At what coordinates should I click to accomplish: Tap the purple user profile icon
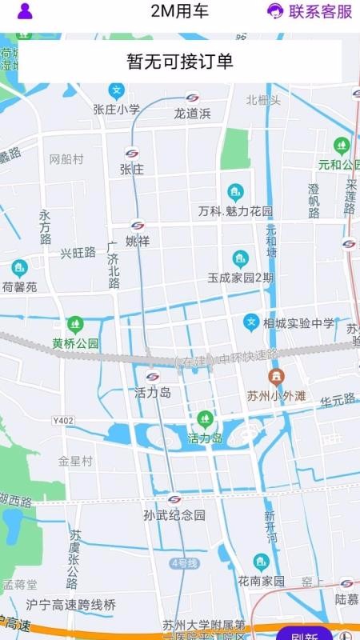25,11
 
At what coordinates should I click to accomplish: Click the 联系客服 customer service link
310,11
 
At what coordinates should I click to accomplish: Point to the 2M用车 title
180,11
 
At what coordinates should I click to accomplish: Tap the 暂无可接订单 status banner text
180,62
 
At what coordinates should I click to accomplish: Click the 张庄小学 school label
117,110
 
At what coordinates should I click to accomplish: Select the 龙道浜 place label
192,114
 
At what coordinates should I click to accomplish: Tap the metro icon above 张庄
132,154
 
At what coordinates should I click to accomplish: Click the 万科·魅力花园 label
236,212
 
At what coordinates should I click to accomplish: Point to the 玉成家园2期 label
241,278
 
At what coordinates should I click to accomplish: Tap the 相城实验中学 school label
301,323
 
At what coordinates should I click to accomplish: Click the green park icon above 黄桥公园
75,324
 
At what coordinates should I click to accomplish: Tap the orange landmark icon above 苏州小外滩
275,375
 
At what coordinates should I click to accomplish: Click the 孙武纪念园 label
174,515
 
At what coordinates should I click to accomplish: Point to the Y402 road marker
62,420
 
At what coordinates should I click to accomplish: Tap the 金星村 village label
75,462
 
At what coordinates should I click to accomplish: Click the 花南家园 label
261,580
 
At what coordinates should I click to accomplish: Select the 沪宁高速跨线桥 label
70,605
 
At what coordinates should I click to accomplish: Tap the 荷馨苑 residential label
19,286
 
